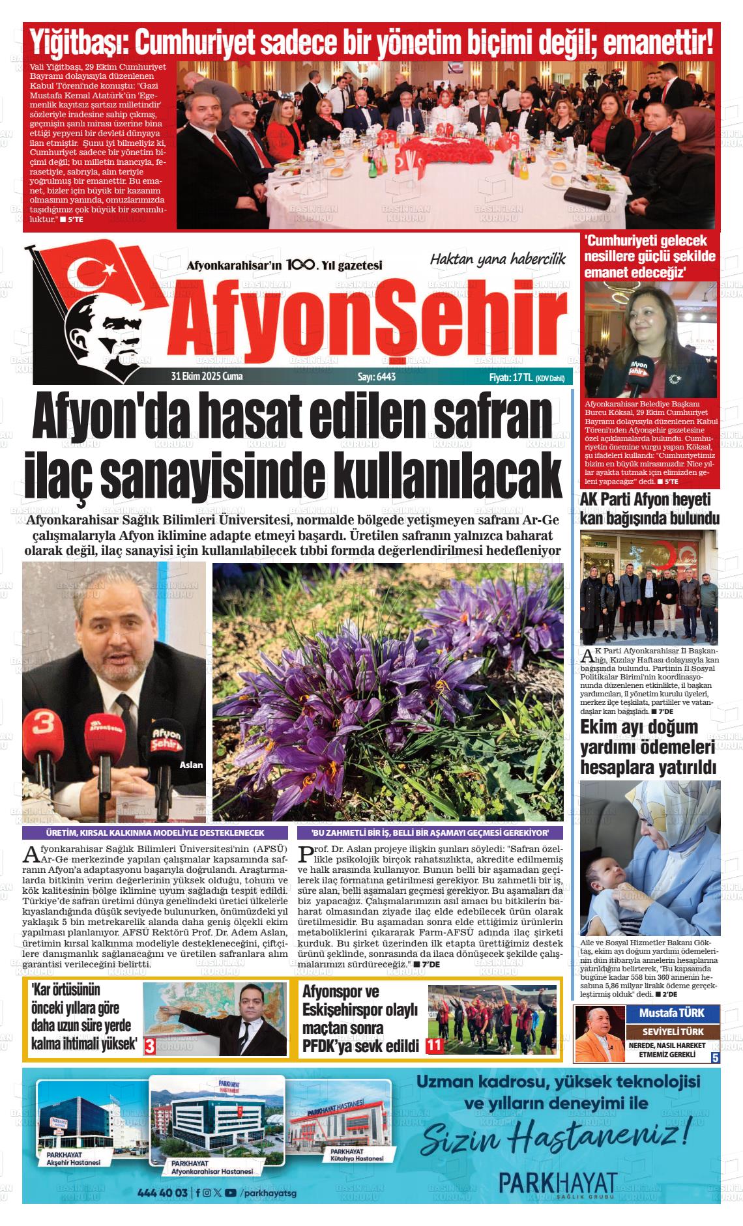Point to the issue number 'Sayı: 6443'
[377, 377]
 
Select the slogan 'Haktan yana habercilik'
[497, 259]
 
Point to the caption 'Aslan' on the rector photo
[191, 765]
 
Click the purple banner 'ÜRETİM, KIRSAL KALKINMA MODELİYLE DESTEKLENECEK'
[155, 833]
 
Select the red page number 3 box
[150, 1047]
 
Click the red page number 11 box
[435, 1046]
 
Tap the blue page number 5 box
[715, 1058]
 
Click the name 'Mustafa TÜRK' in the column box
[671, 1013]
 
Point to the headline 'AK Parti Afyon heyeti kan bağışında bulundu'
[649, 509]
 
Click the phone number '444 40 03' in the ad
[163, 1193]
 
